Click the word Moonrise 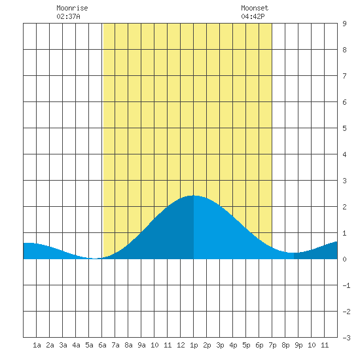(72, 8)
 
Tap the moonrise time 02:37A (68, 16)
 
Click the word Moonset (255, 8)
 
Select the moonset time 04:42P (253, 16)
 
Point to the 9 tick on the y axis (344, 24)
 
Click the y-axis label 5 (344, 128)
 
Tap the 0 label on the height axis (344, 259)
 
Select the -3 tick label (346, 338)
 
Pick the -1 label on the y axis (346, 285)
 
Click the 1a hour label (37, 345)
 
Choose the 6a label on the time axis (102, 345)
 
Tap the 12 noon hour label (181, 345)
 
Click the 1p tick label (194, 345)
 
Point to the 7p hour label (272, 345)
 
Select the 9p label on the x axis (298, 345)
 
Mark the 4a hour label (76, 345)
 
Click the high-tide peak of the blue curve (193, 196)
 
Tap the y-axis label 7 (344, 76)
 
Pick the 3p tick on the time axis (220, 345)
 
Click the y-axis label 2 (344, 207)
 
